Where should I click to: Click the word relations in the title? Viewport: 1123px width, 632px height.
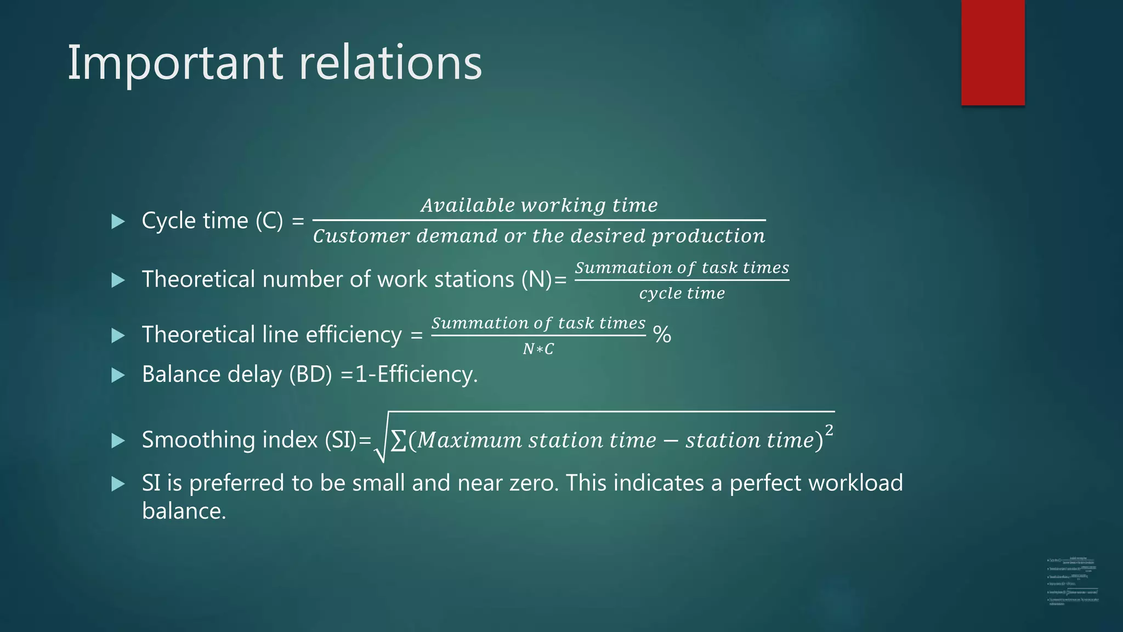point(390,63)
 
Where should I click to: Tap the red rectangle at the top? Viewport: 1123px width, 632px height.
point(992,52)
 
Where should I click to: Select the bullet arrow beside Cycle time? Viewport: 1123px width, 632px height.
point(118,222)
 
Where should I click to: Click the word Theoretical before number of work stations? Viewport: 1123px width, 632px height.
point(198,279)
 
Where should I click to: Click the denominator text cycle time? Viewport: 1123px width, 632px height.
point(682,294)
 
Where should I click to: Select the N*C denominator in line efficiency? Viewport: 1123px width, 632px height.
point(538,349)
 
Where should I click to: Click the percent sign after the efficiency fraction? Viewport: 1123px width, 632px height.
point(662,335)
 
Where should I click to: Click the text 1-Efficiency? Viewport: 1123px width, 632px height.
point(416,375)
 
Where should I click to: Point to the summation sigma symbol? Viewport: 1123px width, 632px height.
point(399,441)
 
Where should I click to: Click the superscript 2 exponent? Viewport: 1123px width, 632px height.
point(829,430)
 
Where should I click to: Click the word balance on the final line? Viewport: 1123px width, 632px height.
point(184,511)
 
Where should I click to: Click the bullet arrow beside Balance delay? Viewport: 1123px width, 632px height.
point(118,375)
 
